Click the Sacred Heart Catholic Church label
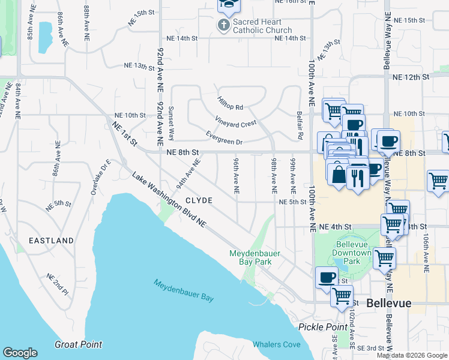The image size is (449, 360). [262, 26]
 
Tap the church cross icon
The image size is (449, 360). [224, 25]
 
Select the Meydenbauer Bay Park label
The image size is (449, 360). [255, 257]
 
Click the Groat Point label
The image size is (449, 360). [78, 344]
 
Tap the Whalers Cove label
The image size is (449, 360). [276, 344]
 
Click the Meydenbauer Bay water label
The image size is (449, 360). [184, 290]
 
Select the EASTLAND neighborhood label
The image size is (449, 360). [52, 241]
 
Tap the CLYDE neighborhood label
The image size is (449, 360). [199, 200]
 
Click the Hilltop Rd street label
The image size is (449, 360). [230, 103]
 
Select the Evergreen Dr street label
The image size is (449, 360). [224, 138]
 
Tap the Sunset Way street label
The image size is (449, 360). [171, 121]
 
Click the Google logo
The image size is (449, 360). [20, 353]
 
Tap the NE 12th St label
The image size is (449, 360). [412, 77]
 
